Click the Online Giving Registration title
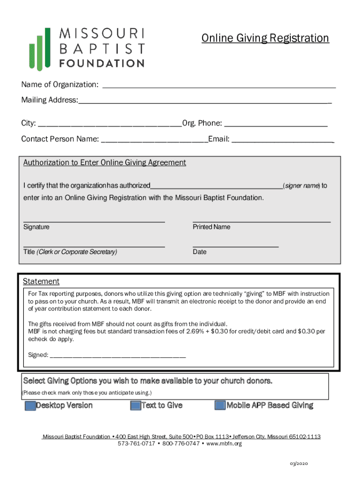(x=265, y=38)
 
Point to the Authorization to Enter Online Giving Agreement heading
(x=105, y=163)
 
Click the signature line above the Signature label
(x=94, y=220)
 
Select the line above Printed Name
(x=261, y=220)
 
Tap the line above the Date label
(x=235, y=246)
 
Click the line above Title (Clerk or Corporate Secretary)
(x=94, y=246)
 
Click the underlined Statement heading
(x=41, y=282)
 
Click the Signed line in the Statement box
(x=117, y=356)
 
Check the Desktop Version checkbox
(x=30, y=406)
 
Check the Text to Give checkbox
(x=136, y=406)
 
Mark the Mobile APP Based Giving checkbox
(x=220, y=406)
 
